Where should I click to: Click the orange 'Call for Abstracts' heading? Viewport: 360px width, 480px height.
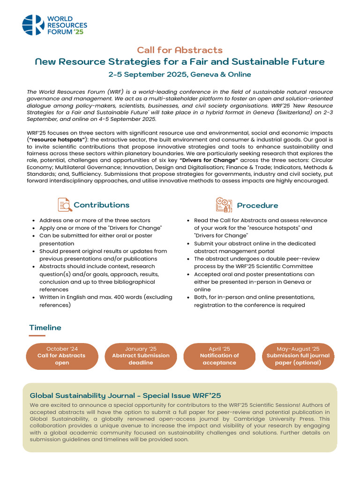tap(180, 50)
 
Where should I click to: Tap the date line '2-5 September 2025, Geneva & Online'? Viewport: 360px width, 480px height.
tap(180, 75)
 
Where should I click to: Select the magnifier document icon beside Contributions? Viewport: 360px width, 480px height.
tap(64, 205)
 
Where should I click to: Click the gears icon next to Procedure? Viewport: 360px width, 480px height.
tap(224, 205)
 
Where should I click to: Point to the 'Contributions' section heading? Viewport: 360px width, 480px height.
tap(101, 205)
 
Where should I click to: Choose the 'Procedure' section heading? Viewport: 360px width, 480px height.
tap(257, 205)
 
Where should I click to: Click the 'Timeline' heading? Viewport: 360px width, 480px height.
tap(45, 328)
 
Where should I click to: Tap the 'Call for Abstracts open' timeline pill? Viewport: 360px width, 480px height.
tap(62, 356)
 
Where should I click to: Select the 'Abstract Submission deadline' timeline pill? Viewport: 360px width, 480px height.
tap(141, 356)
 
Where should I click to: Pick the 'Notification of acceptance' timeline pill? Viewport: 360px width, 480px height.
tap(219, 356)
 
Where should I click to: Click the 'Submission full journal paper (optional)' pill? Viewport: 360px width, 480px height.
tap(298, 356)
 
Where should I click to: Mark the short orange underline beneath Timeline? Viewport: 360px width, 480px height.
tap(37, 336)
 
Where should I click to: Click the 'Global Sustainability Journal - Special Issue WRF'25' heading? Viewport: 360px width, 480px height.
tap(125, 395)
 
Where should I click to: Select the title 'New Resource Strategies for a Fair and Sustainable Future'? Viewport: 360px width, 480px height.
tap(180, 62)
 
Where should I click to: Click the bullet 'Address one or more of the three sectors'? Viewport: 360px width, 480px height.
tap(95, 220)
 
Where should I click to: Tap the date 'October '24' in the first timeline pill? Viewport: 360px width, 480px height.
tap(62, 349)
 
